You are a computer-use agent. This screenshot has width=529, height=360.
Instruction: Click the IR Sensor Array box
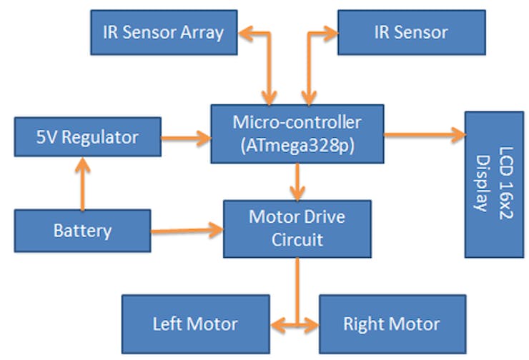coord(164,32)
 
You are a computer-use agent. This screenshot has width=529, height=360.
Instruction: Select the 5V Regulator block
coord(88,137)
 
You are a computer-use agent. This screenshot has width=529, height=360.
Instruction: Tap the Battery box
coord(82,231)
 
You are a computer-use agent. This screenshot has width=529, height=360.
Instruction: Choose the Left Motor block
coord(196,324)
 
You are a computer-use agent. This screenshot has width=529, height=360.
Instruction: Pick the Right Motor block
coord(392,324)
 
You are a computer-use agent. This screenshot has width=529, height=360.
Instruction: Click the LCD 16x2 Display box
coord(494,184)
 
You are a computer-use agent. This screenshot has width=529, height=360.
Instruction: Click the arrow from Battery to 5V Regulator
coord(83,184)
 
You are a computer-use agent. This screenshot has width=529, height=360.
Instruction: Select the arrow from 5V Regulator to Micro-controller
coord(187,138)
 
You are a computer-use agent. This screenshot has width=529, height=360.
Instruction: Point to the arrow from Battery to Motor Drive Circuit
coord(187,231)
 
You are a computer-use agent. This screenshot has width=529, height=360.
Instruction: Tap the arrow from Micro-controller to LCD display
coord(425,134)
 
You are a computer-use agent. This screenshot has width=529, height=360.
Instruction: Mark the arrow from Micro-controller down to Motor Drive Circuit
coord(297,182)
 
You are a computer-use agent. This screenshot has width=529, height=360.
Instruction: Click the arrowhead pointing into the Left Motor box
coord(277,326)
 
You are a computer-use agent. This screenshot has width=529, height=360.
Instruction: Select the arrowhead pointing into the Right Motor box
coord(312,326)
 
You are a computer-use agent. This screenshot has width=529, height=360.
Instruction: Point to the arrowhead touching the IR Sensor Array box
coord(246,34)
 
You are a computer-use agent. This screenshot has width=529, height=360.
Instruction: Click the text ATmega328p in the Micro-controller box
coord(297,146)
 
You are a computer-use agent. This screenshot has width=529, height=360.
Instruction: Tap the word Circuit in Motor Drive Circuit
coord(297,240)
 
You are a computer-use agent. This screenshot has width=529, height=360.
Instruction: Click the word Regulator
coord(100,138)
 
